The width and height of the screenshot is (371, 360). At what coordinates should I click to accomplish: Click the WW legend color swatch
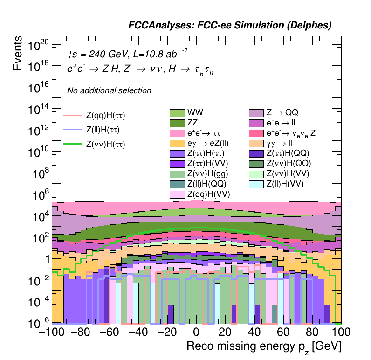point(177,113)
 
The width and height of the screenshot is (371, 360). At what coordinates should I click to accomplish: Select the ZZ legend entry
point(177,123)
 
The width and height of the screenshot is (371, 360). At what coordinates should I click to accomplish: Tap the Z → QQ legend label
point(282,113)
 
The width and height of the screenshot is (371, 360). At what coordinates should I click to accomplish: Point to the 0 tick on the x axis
point(196,332)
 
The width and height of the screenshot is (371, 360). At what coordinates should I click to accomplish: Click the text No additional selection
point(109,90)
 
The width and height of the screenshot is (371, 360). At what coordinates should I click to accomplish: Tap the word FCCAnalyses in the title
point(159,26)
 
